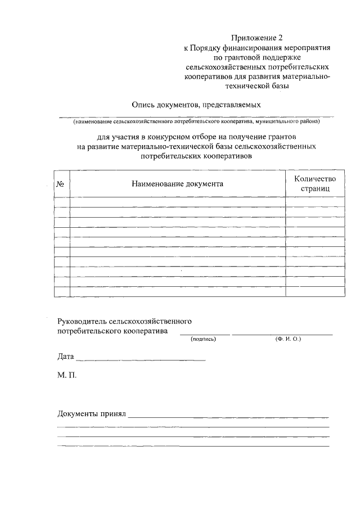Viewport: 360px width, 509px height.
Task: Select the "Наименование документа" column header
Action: click(x=177, y=184)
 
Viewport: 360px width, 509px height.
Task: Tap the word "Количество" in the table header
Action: click(x=314, y=178)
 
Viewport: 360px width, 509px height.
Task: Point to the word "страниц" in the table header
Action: click(x=314, y=190)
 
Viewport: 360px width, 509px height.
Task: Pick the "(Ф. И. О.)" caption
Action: click(x=289, y=339)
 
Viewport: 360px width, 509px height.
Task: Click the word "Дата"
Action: click(x=66, y=357)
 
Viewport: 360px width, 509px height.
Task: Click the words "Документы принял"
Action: click(x=92, y=415)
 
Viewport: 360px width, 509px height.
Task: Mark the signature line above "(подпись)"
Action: click(x=205, y=334)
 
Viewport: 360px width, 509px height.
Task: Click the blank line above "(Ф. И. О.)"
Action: click(x=282, y=334)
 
